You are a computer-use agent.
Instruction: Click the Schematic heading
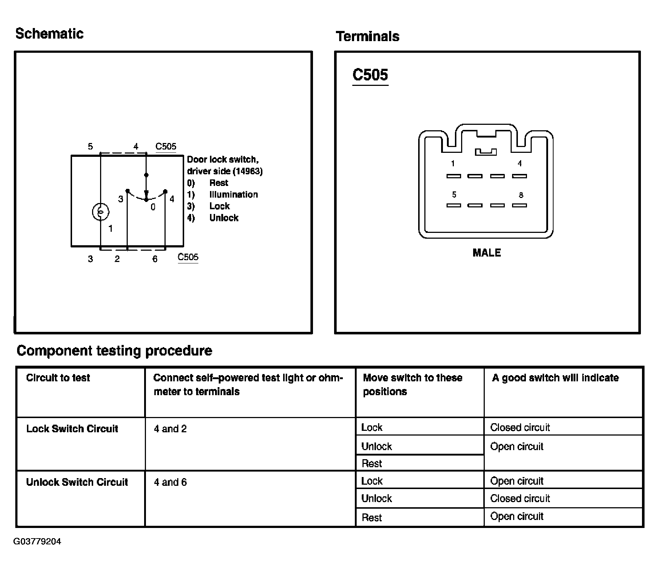(49, 34)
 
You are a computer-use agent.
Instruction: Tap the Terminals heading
(368, 36)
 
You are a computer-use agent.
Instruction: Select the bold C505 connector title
(370, 75)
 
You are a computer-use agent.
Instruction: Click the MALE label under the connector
(487, 253)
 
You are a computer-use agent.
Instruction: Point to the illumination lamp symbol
(100, 212)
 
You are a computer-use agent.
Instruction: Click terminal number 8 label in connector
(521, 195)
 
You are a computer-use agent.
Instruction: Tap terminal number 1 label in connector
(453, 164)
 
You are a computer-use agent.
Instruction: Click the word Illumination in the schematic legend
(233, 194)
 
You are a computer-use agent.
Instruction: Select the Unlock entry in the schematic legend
(224, 218)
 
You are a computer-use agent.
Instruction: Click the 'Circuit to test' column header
(58, 378)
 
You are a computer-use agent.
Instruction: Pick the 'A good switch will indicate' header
(555, 378)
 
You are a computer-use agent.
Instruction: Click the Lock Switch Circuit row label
(72, 429)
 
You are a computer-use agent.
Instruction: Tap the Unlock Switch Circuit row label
(77, 482)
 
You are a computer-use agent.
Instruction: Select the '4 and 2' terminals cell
(170, 429)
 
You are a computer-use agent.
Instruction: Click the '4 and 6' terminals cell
(170, 482)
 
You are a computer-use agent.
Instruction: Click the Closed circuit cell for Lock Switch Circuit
(520, 427)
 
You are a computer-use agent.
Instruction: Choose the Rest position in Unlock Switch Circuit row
(372, 517)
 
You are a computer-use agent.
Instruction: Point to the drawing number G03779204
(37, 541)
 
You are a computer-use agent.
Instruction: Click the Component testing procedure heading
(114, 351)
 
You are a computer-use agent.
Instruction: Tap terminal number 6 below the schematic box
(155, 259)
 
